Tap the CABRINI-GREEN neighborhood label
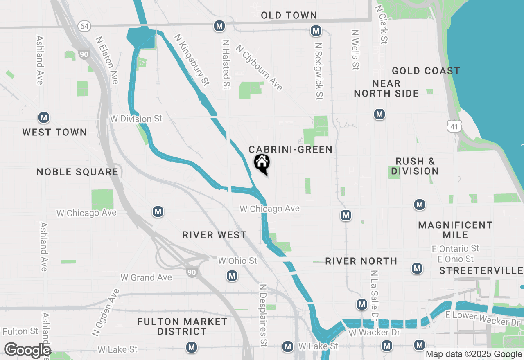click(290, 150)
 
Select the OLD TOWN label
click(289, 16)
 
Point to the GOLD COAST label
click(426, 71)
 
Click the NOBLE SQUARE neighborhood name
click(77, 172)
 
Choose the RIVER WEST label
click(215, 235)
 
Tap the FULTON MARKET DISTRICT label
click(182, 326)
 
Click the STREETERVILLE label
click(481, 271)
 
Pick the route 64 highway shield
click(84, 26)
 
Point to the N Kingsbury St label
click(192, 60)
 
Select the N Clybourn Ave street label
click(259, 67)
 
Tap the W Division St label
click(136, 119)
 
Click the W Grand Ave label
click(146, 277)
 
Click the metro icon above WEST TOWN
click(44, 118)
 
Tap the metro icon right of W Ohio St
click(233, 276)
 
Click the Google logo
click(27, 350)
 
